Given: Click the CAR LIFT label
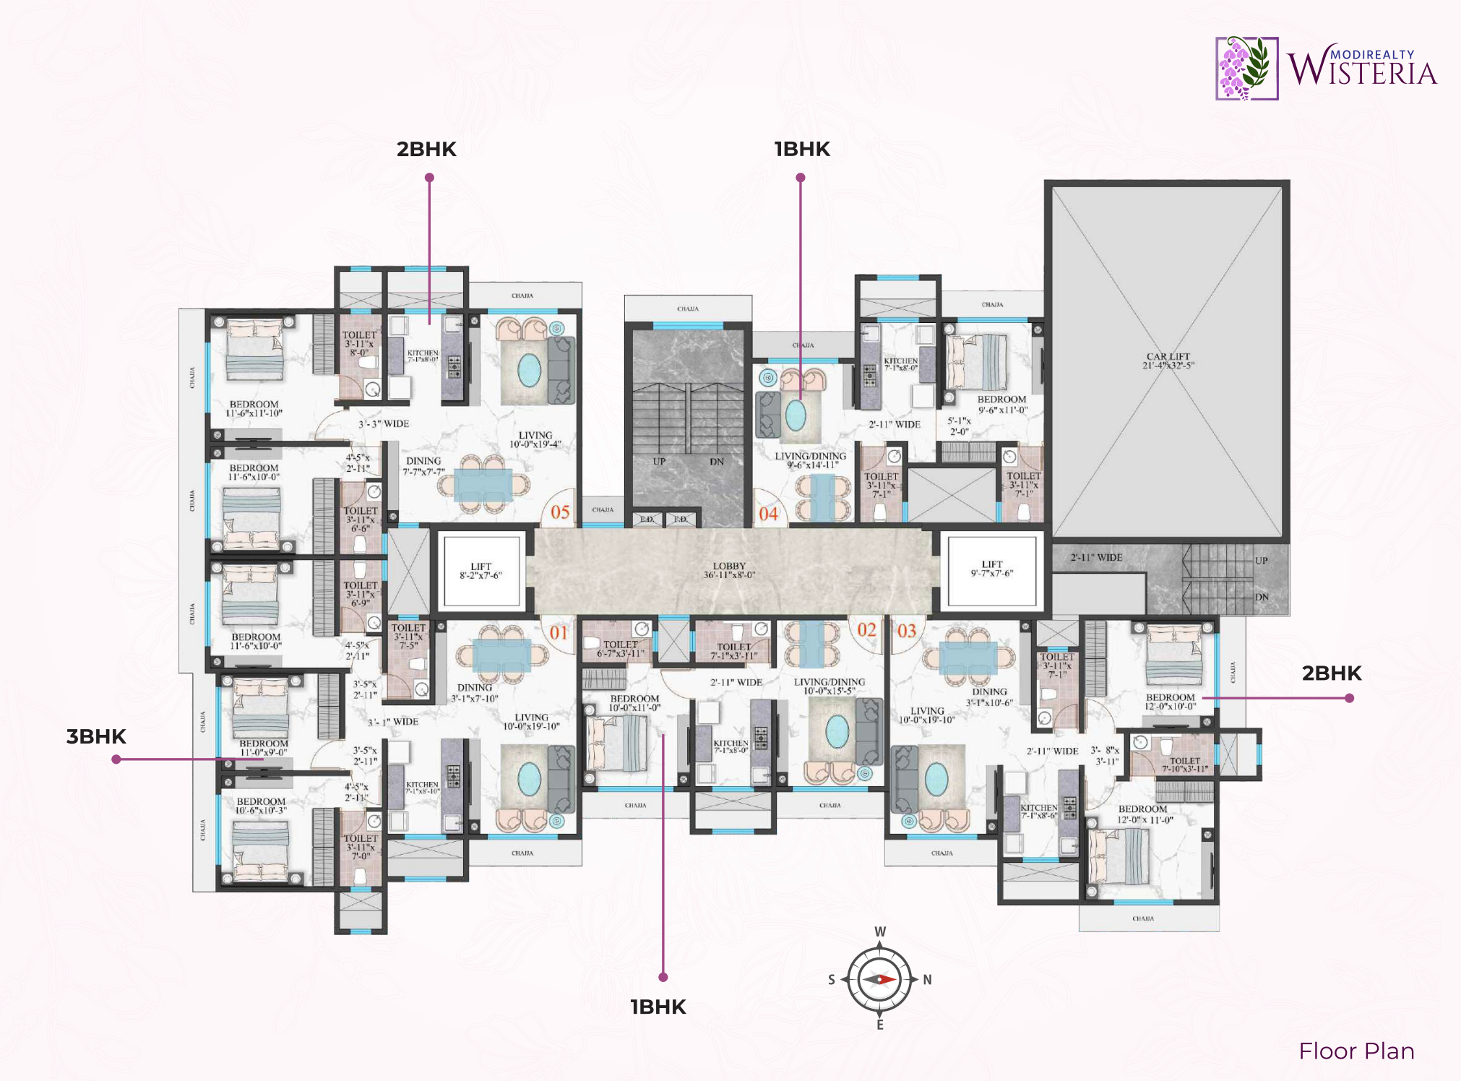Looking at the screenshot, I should pyautogui.click(x=1168, y=361).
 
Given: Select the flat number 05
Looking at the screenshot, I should pyautogui.click(x=560, y=512).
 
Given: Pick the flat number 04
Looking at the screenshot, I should pyautogui.click(x=768, y=514).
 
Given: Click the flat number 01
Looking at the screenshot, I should pyautogui.click(x=559, y=633).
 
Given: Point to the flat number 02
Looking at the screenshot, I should pyautogui.click(x=866, y=630).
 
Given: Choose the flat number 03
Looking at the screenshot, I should pyautogui.click(x=907, y=631).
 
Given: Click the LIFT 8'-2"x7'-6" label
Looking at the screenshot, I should pyautogui.click(x=480, y=571).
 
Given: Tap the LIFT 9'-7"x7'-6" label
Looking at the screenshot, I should pyautogui.click(x=991, y=569).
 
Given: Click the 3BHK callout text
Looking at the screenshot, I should pyautogui.click(x=96, y=736).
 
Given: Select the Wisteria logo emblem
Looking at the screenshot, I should pyautogui.click(x=1246, y=68).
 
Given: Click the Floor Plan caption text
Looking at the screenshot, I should pyautogui.click(x=1356, y=1051).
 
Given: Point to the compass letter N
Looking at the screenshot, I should pyautogui.click(x=927, y=980).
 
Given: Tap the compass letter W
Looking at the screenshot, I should pyautogui.click(x=880, y=932).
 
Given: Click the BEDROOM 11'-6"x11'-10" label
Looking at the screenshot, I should pyautogui.click(x=254, y=409).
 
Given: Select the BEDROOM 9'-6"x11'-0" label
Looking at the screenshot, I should pyautogui.click(x=1002, y=405).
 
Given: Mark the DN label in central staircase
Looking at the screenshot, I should pyautogui.click(x=716, y=462).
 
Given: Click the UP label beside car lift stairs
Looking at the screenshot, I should pyautogui.click(x=1261, y=561).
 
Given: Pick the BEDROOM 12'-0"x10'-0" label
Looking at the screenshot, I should pyautogui.click(x=1170, y=702).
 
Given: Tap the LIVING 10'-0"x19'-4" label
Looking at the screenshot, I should pyautogui.click(x=535, y=439).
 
